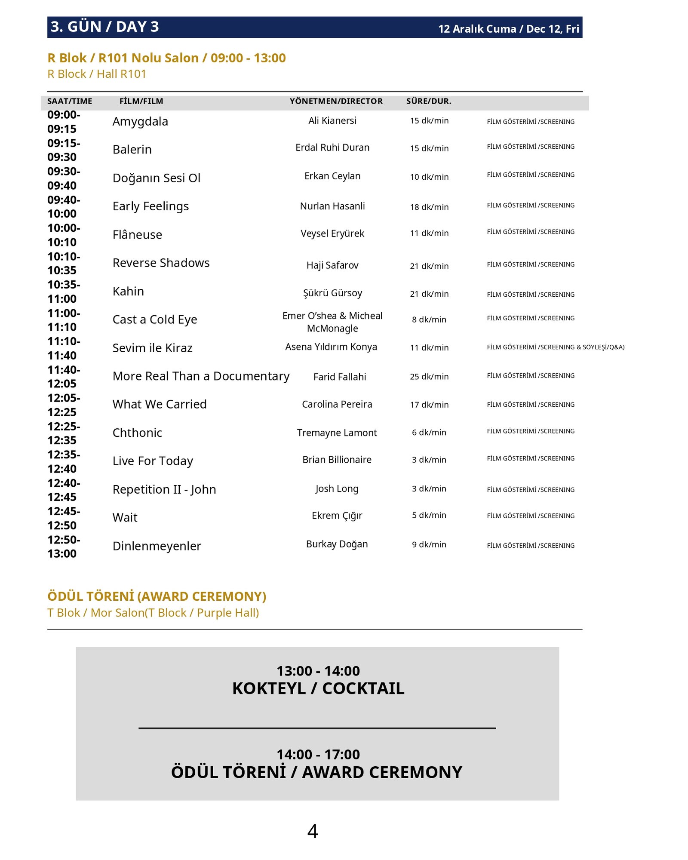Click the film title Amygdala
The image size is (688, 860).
tap(140, 122)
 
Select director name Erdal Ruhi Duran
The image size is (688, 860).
tap(332, 147)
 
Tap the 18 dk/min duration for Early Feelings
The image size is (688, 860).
tap(429, 207)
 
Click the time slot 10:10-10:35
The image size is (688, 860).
tap(64, 263)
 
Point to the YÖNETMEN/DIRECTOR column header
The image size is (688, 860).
tap(336, 101)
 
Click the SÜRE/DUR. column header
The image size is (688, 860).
tap(428, 101)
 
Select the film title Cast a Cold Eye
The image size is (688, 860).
tap(155, 319)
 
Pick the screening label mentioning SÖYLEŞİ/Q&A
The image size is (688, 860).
tap(556, 347)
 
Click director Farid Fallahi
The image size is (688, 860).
tap(340, 377)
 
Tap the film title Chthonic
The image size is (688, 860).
tap(137, 433)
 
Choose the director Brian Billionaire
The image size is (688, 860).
tap(337, 460)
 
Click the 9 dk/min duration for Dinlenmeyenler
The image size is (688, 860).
tap(429, 544)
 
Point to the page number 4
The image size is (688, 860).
tap(313, 831)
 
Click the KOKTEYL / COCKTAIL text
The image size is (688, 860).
tap(318, 688)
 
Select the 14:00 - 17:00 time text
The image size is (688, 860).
tap(318, 755)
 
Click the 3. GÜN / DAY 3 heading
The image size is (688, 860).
tap(104, 27)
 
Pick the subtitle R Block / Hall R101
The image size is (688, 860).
tap(97, 74)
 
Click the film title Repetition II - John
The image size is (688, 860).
tap(164, 489)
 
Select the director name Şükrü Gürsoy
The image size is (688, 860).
tap(332, 293)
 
